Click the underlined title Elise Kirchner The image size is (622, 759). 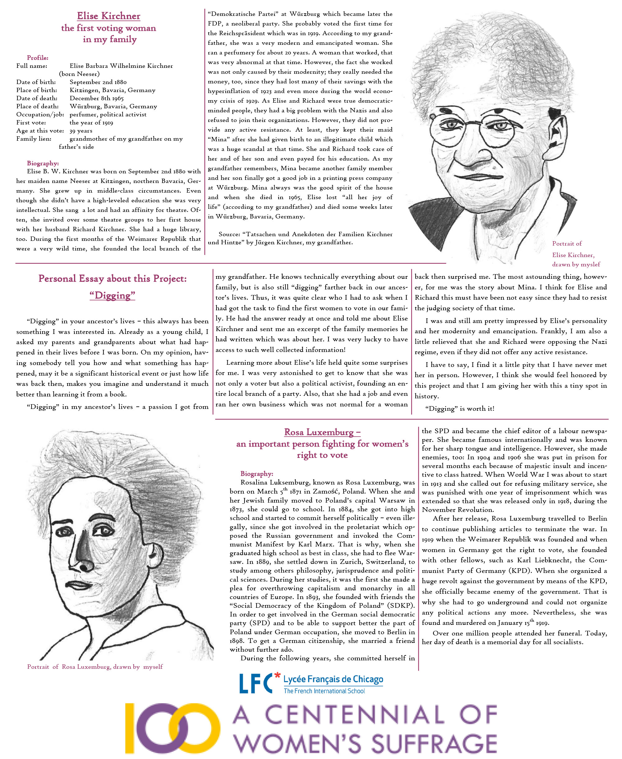click(x=109, y=16)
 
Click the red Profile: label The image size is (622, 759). click(x=38, y=58)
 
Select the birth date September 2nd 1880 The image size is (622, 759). click(x=98, y=82)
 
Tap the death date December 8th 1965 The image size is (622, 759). click(x=96, y=98)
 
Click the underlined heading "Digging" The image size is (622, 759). click(x=112, y=295)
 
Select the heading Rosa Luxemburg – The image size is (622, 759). click(x=322, y=432)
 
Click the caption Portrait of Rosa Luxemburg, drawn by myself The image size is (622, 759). click(x=95, y=667)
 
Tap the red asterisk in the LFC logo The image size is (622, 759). click(x=277, y=676)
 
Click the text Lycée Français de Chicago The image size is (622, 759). click(x=333, y=679)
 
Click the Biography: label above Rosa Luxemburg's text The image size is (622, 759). click(x=257, y=474)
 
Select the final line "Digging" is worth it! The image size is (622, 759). click(x=460, y=408)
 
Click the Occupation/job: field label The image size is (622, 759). click(x=40, y=115)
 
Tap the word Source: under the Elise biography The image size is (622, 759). click(x=229, y=234)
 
